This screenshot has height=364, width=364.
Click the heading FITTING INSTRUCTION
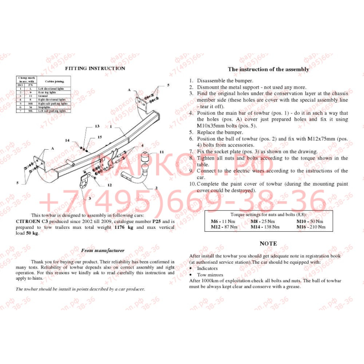(95, 68)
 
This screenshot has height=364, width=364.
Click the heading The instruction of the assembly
(268, 69)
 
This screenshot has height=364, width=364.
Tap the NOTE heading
(268, 243)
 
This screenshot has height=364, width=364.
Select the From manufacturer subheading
(102, 251)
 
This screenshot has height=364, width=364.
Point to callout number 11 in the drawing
(161, 152)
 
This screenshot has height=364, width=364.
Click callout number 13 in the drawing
(97, 126)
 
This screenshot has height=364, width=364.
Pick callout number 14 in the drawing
(67, 141)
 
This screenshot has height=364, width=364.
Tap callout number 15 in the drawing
(99, 137)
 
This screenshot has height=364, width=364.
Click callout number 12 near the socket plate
(110, 185)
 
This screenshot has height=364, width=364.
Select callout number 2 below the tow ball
(156, 188)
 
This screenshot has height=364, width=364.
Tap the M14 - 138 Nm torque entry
(265, 227)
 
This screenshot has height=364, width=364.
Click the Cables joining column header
(54, 81)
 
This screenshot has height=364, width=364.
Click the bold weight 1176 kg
(123, 227)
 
